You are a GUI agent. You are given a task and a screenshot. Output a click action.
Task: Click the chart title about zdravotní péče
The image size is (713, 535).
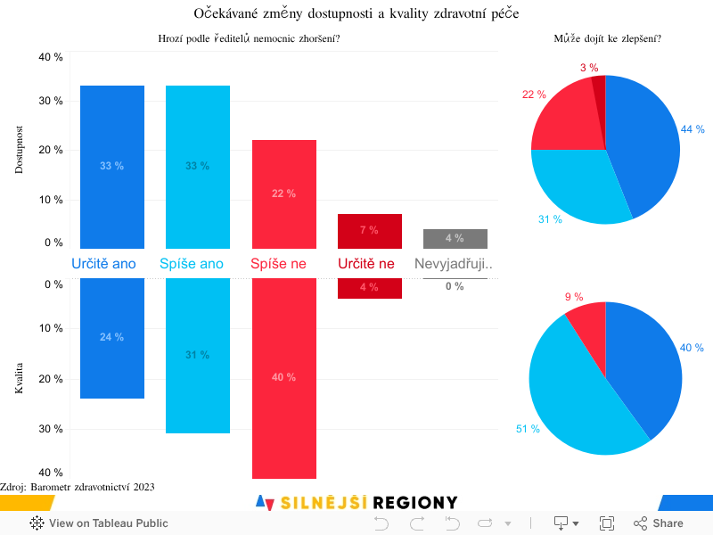pos(356,13)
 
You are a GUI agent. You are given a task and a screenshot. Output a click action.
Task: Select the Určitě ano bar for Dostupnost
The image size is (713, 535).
pos(112,167)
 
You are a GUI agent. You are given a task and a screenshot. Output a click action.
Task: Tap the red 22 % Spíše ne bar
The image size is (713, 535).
pos(284,193)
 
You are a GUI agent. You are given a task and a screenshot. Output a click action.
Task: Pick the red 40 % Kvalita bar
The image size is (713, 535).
pos(284,377)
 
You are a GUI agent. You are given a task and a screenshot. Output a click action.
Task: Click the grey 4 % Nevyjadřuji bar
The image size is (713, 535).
pos(455,238)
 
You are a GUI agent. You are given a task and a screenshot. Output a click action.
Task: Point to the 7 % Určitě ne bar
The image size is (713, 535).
pos(370,231)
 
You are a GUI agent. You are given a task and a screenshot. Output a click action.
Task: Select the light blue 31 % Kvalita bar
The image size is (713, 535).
pos(198,355)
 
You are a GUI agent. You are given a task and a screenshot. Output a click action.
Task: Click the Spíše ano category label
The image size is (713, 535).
pos(192,264)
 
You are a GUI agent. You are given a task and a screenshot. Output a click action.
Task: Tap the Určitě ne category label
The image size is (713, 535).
pos(365,264)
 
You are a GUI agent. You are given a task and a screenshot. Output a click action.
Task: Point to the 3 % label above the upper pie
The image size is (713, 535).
pos(588,68)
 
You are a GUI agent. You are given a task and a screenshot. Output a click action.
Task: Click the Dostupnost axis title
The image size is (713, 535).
pos(20,149)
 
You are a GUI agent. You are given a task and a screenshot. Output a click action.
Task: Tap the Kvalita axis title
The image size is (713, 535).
pos(20,378)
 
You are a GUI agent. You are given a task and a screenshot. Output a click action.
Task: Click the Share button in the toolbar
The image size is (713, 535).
pos(659,523)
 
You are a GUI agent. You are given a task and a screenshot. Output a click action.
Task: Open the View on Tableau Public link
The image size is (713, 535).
pos(99,523)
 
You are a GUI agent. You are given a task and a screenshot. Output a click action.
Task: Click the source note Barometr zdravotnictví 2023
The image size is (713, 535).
pos(78,487)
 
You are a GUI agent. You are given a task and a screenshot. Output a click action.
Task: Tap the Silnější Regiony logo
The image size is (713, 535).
pos(356,503)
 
